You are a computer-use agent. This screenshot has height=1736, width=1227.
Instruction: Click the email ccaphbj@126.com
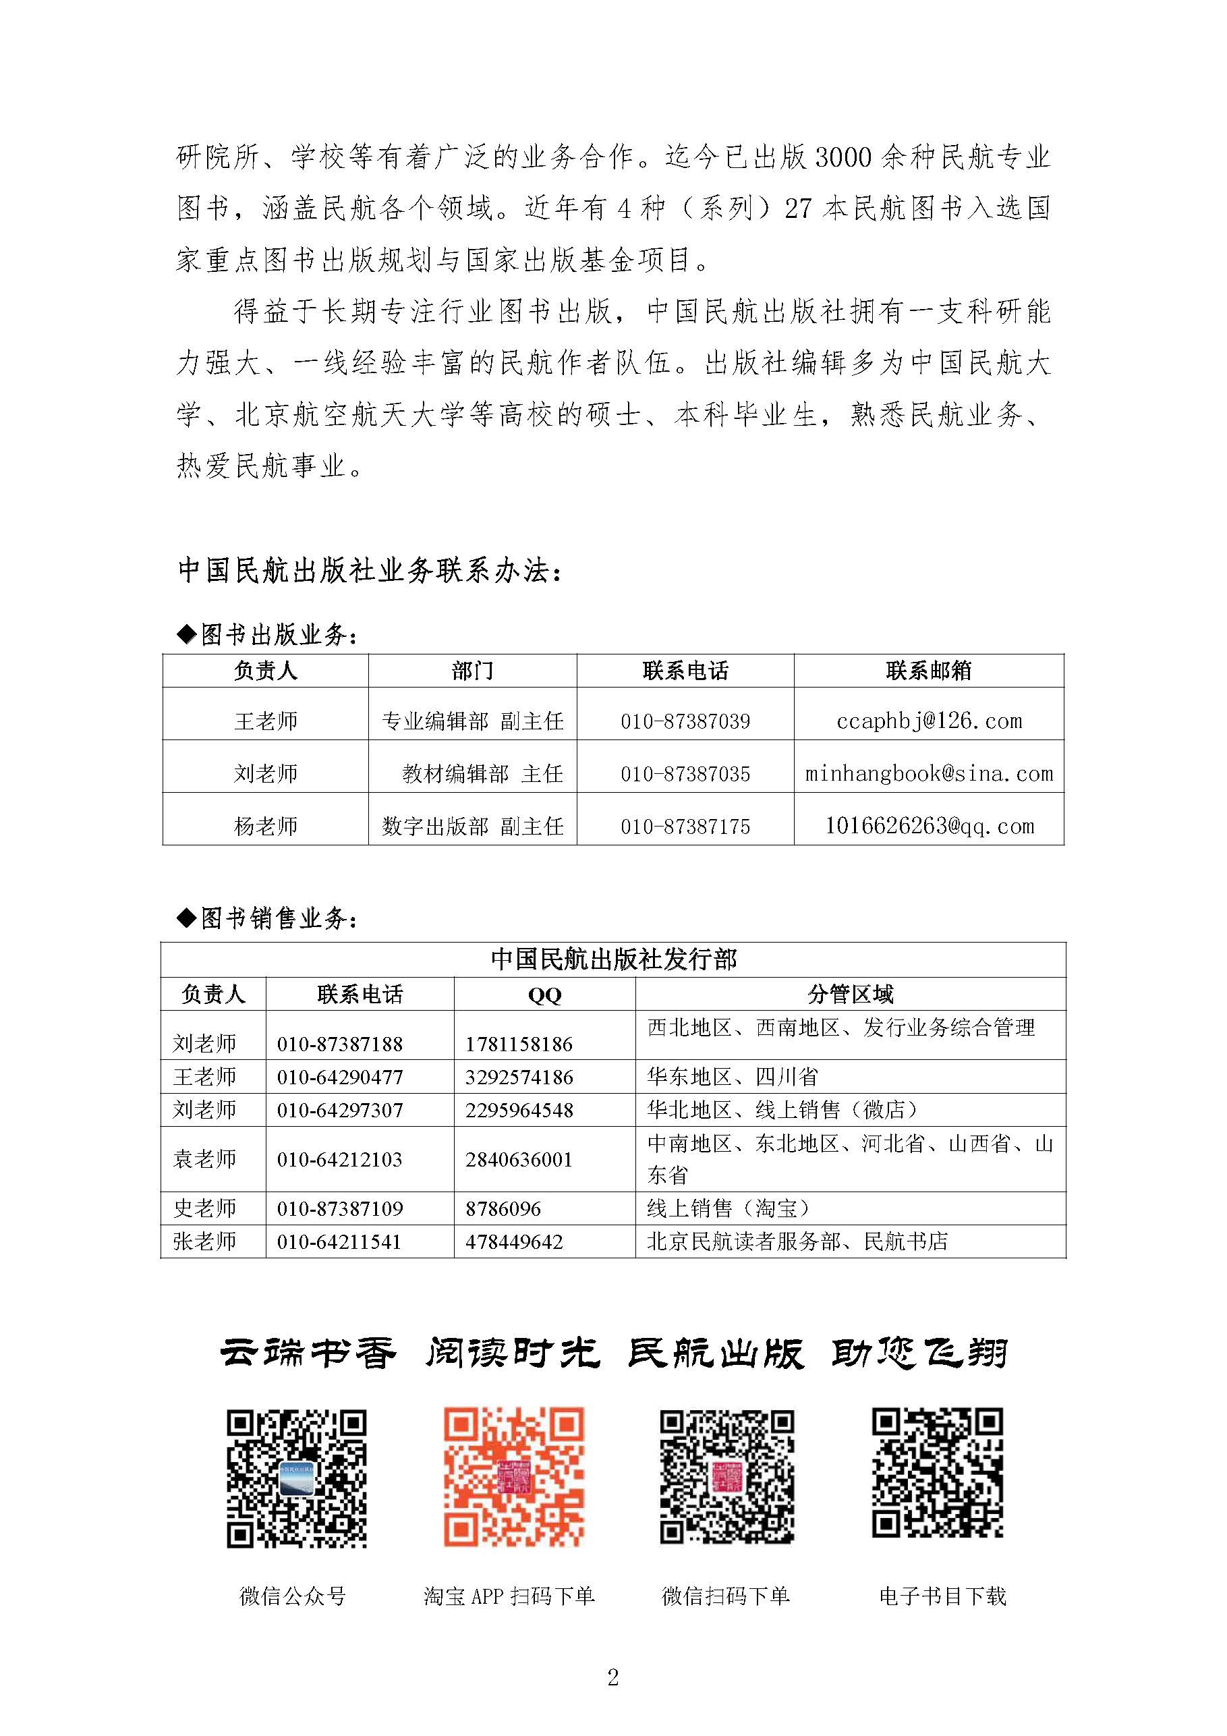pyautogui.click(x=928, y=721)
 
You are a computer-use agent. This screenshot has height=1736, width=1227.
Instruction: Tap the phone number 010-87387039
pyautogui.click(x=685, y=721)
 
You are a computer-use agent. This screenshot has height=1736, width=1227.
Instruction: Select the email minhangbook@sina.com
pyautogui.click(x=928, y=773)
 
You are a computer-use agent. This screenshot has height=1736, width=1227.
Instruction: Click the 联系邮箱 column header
pyautogui.click(x=928, y=671)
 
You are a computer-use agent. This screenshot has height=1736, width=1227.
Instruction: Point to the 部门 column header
pyautogui.click(x=472, y=671)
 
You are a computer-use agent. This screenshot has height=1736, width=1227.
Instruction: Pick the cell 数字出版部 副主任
pyautogui.click(x=472, y=827)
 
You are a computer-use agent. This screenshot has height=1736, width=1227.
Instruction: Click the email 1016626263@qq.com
pyautogui.click(x=928, y=826)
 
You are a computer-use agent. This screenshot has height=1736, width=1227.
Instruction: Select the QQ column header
pyautogui.click(x=544, y=995)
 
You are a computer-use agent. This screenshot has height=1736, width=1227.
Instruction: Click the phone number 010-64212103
pyautogui.click(x=339, y=1159)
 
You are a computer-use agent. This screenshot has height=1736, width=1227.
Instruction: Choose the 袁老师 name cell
pyautogui.click(x=205, y=1159)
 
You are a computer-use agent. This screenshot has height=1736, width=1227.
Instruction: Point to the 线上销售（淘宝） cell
pyautogui.click(x=728, y=1208)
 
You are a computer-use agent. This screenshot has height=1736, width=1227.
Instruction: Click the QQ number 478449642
pyautogui.click(x=514, y=1241)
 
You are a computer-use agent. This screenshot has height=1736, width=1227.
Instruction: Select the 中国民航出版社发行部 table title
pyautogui.click(x=613, y=959)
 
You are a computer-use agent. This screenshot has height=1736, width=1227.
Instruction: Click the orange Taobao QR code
pyautogui.click(x=513, y=1477)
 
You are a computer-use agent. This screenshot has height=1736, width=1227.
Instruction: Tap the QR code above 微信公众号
pyautogui.click(x=296, y=1478)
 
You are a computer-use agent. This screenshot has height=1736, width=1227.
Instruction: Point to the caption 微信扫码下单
pyautogui.click(x=725, y=1596)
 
